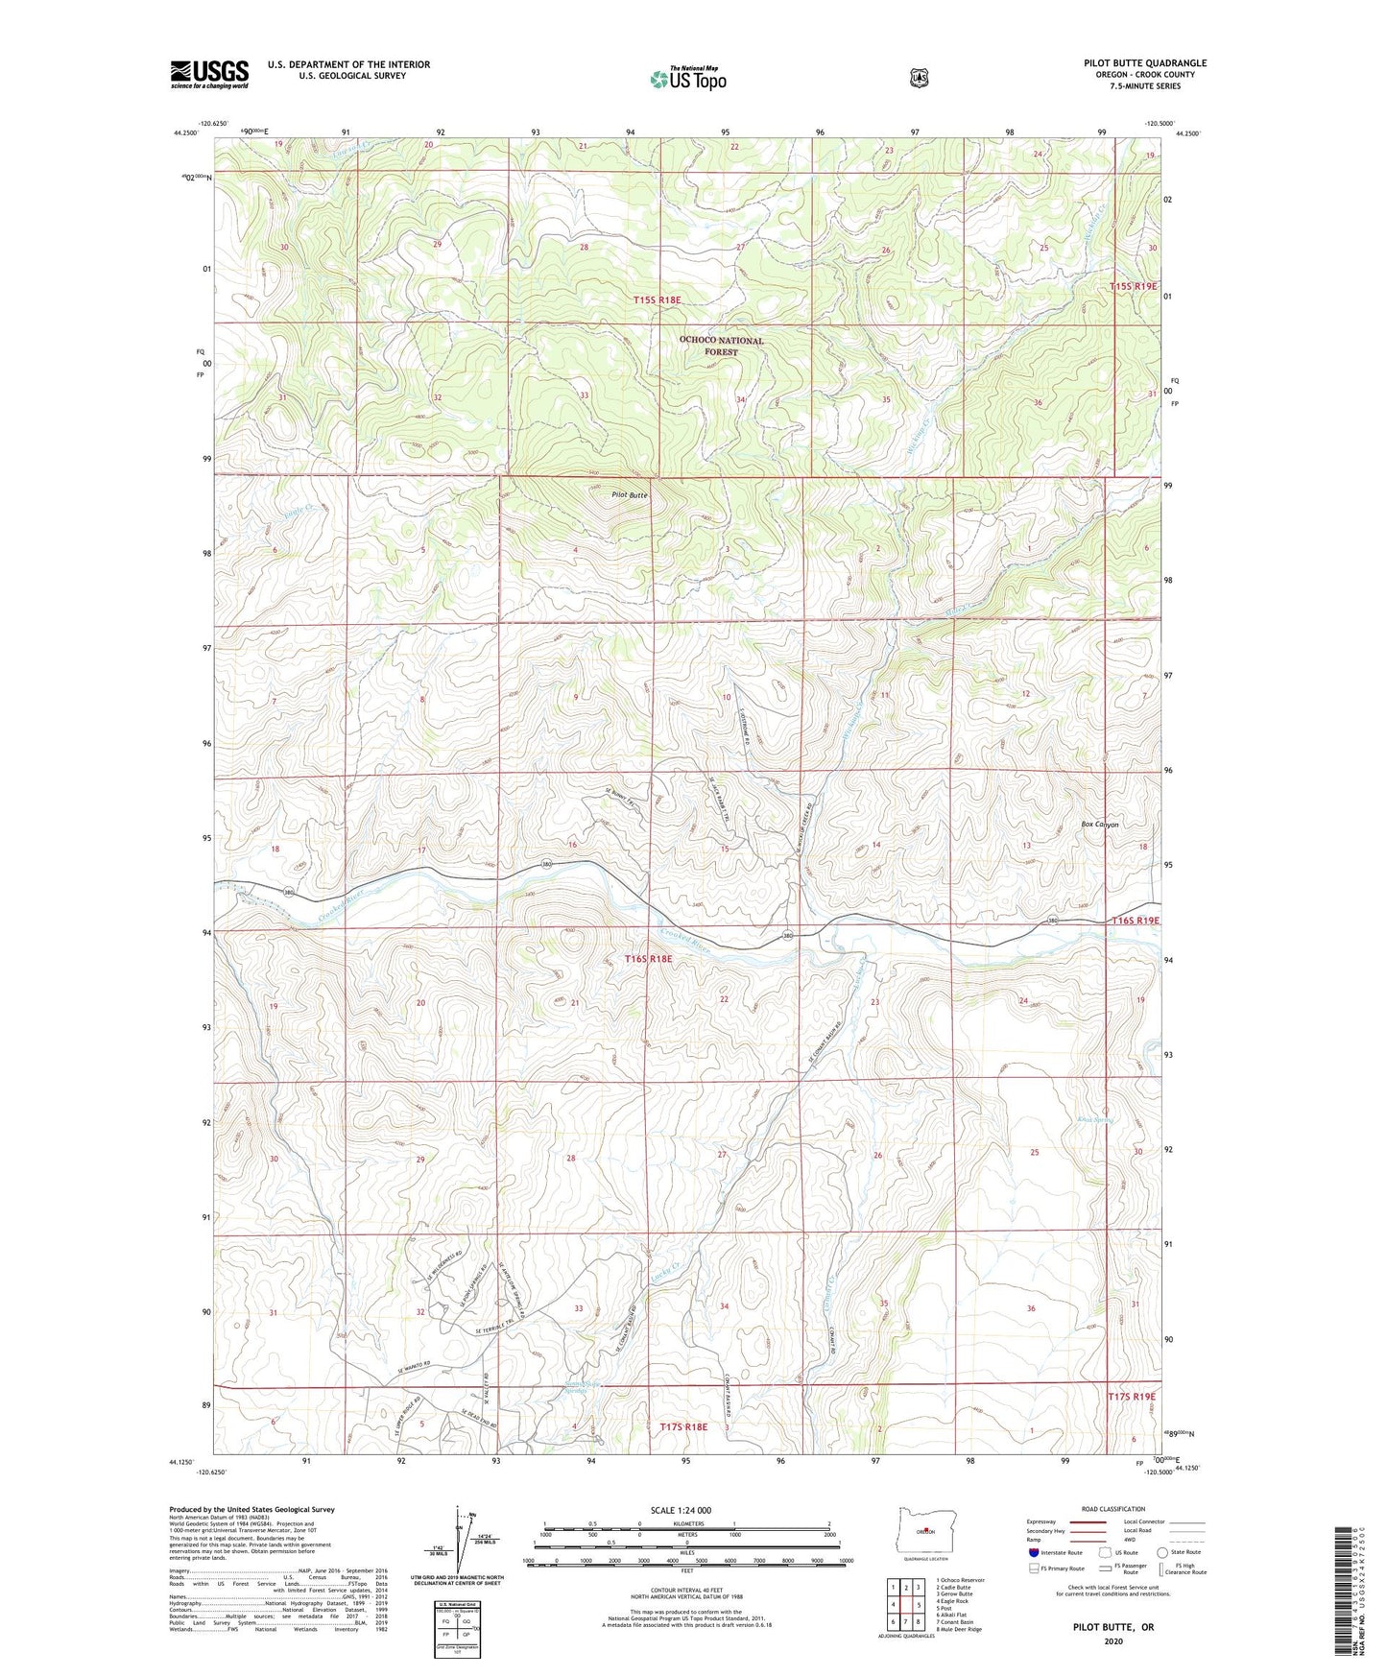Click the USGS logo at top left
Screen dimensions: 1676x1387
[209, 74]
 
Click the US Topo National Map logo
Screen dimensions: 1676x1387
[685, 79]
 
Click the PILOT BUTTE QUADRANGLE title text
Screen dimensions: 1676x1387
[1145, 63]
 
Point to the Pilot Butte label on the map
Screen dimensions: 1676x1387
[630, 495]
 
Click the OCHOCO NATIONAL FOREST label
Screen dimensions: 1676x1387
[721, 346]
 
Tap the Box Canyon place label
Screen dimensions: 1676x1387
[1099, 825]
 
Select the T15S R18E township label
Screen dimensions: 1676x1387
[658, 300]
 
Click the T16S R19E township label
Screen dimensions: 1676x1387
[1136, 921]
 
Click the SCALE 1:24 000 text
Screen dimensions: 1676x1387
[681, 1510]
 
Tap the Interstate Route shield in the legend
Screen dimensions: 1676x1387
[1033, 1552]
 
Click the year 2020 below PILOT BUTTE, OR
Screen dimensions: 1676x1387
[1113, 1640]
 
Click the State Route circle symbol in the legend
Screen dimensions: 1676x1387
[1162, 1552]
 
